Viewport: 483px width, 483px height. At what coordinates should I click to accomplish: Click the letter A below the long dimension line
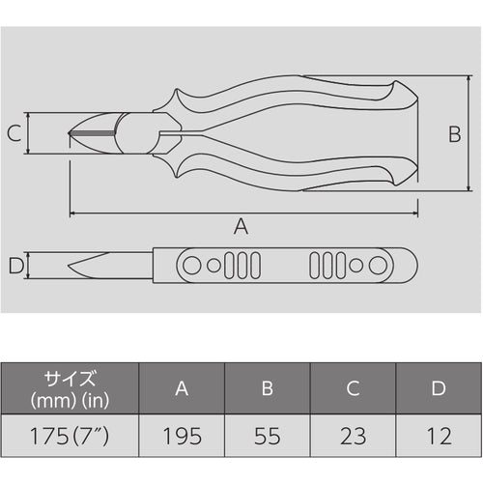point(241,227)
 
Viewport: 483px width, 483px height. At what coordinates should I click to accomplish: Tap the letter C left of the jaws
point(14,133)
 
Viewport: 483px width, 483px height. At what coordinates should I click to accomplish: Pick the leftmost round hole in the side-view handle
point(193,264)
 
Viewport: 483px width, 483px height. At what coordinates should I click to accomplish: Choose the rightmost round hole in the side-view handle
point(377,264)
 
